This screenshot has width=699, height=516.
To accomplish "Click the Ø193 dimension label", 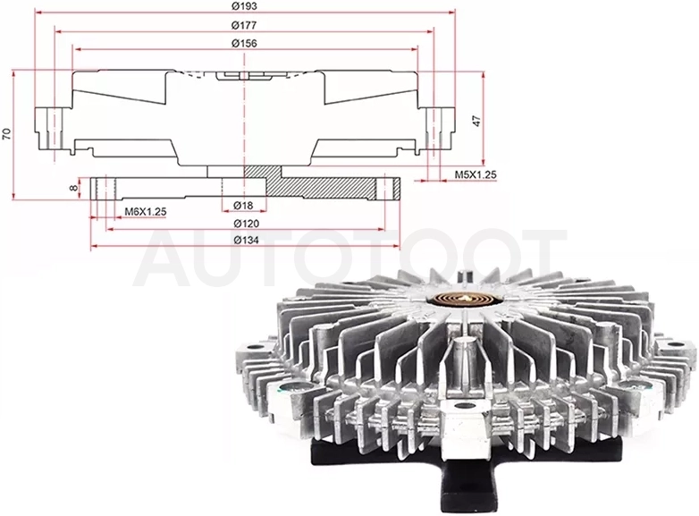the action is [244, 6].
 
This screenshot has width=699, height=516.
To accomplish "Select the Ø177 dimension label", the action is [244, 25].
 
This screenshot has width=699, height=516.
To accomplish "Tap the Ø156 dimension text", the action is [244, 43].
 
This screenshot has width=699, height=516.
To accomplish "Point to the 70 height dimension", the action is [6, 134].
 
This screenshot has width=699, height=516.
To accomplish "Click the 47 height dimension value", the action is [476, 121].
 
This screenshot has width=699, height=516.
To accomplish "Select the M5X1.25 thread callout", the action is [476, 174].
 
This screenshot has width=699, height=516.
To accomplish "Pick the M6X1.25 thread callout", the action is [146, 211].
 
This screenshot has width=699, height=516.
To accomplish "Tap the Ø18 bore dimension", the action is [243, 205].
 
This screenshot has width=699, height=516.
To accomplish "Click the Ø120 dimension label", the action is [246, 223].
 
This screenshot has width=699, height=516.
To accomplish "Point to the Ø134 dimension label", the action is [246, 240].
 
